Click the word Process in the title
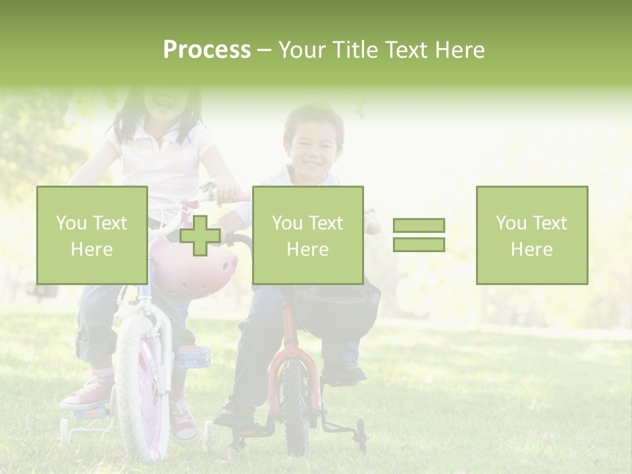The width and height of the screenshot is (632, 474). coord(207,50)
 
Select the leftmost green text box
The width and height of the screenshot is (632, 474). coord(92,235)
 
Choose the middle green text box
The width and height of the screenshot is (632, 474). coord(307,235)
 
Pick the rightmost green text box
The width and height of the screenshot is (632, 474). coord(531,235)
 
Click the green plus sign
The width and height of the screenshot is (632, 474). coord(200,236)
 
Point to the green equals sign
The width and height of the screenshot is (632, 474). coord(419,235)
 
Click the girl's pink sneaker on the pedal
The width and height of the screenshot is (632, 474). coord(89,392)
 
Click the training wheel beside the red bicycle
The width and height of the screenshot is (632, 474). coord(361,434)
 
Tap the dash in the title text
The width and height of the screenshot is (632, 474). coord(264,50)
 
